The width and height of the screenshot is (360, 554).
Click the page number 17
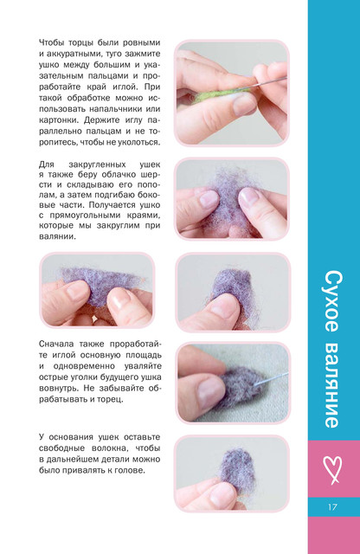(332, 507)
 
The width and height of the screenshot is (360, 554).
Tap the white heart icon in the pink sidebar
(332, 469)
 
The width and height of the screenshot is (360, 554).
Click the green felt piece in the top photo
(219, 94)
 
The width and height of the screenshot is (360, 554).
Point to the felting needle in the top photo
(268, 83)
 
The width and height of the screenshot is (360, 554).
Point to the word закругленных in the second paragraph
(97, 164)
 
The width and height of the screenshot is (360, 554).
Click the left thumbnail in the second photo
(209, 198)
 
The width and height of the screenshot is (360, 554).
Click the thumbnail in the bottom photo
(222, 493)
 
